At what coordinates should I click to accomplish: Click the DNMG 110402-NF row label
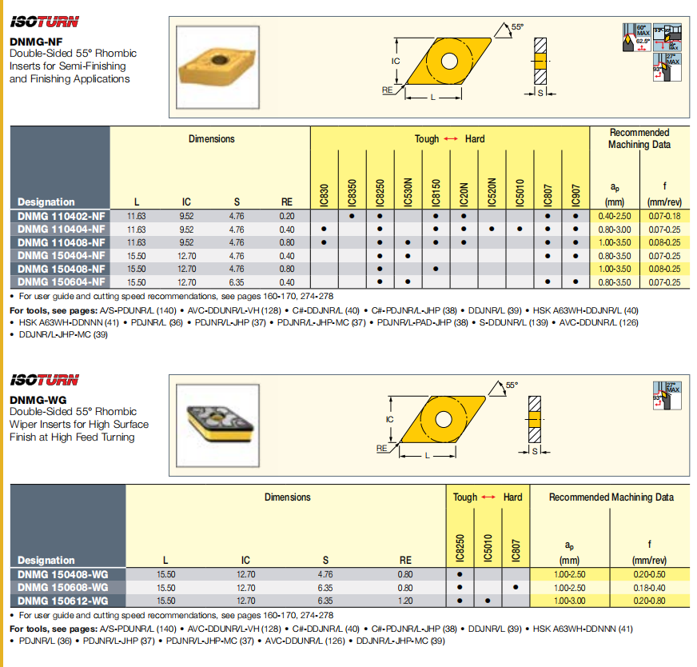pyautogui.click(x=61, y=216)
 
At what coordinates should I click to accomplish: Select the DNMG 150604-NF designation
pyautogui.click(x=61, y=282)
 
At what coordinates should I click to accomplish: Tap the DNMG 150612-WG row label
pyautogui.click(x=62, y=601)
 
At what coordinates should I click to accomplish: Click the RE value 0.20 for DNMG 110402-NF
pyautogui.click(x=287, y=216)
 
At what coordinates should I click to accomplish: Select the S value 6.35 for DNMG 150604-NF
pyautogui.click(x=236, y=282)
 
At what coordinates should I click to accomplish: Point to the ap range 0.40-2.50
pyautogui.click(x=615, y=216)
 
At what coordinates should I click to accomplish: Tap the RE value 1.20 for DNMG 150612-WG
pyautogui.click(x=405, y=601)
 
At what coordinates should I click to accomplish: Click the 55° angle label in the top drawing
pyautogui.click(x=517, y=26)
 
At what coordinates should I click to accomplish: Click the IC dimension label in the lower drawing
pyautogui.click(x=390, y=419)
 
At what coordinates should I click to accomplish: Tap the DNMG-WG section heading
pyautogui.click(x=38, y=400)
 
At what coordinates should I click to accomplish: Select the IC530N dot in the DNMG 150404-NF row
pyautogui.click(x=408, y=255)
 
